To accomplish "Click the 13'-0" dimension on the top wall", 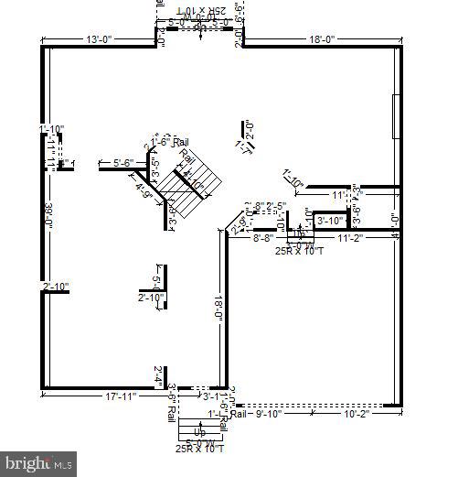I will [x=100, y=39].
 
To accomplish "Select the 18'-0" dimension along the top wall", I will [x=323, y=39].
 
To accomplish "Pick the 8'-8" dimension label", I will [x=264, y=237].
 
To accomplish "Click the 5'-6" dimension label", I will [x=123, y=163].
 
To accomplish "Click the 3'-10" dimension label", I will [x=329, y=220].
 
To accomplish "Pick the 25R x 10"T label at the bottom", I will [x=199, y=448].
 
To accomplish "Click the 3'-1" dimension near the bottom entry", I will [x=210, y=396].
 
